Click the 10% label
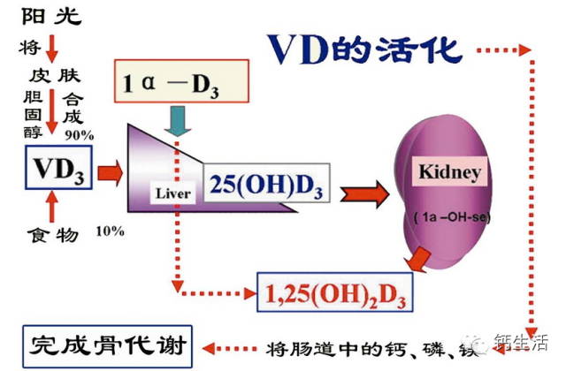110,231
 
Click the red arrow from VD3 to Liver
111,169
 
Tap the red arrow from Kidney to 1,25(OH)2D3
417,259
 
